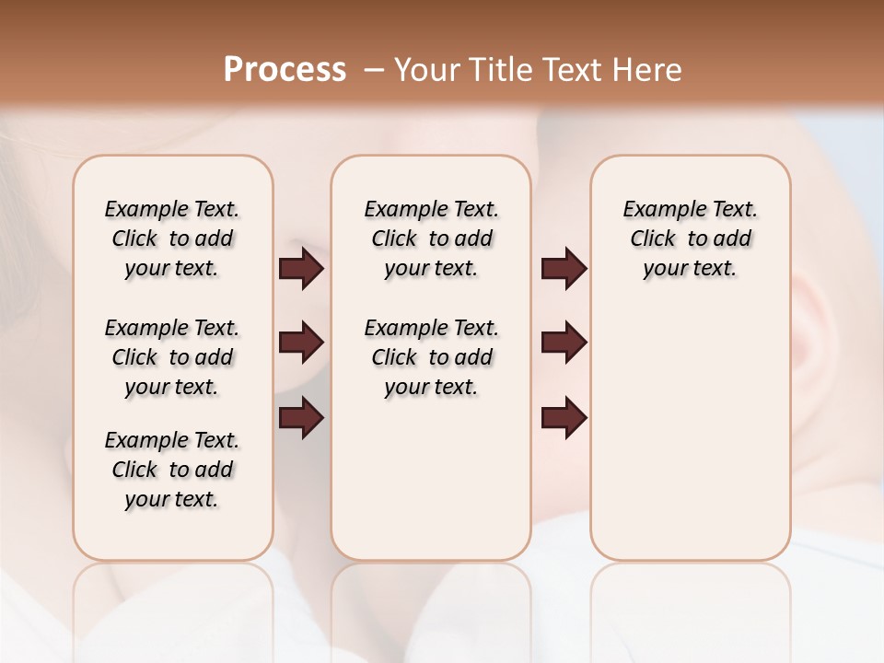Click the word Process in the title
tap(285, 70)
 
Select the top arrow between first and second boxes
tap(301, 269)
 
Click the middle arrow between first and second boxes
tap(301, 343)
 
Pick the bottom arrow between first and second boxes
tap(301, 418)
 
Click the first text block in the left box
tap(172, 238)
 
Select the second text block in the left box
tap(172, 357)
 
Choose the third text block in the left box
tap(172, 470)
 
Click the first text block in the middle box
tap(431, 238)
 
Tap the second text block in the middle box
tap(431, 357)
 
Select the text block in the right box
tap(691, 238)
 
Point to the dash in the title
tap(374, 70)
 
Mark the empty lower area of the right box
tap(691, 433)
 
